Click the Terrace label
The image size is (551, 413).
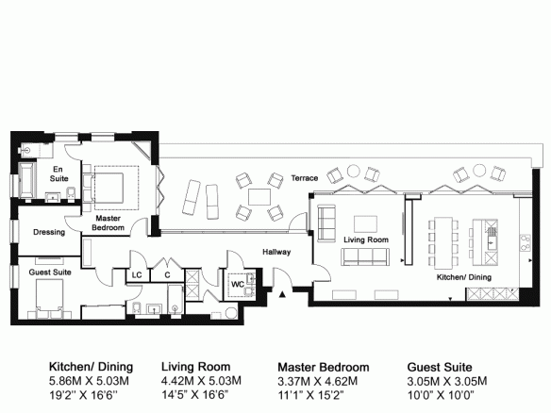(305, 178)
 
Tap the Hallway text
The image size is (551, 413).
(276, 252)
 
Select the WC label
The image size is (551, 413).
(238, 284)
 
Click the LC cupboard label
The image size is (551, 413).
(137, 275)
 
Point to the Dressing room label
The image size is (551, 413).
(49, 232)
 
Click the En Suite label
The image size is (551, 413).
(58, 173)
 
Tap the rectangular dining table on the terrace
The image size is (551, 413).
(259, 197)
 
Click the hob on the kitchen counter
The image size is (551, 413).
(526, 242)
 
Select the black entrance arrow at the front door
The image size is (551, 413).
(282, 294)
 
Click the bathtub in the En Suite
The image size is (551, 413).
(27, 180)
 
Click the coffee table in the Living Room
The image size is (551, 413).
(365, 223)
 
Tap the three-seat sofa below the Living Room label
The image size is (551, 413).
(365, 256)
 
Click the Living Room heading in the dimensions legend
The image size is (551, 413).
(195, 367)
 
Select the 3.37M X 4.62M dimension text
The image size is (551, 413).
(318, 381)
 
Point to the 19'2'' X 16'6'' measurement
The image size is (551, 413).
(83, 395)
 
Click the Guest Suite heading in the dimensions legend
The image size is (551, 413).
(440, 367)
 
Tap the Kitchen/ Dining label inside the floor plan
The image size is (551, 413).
(464, 277)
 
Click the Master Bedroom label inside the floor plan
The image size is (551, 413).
(108, 223)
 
